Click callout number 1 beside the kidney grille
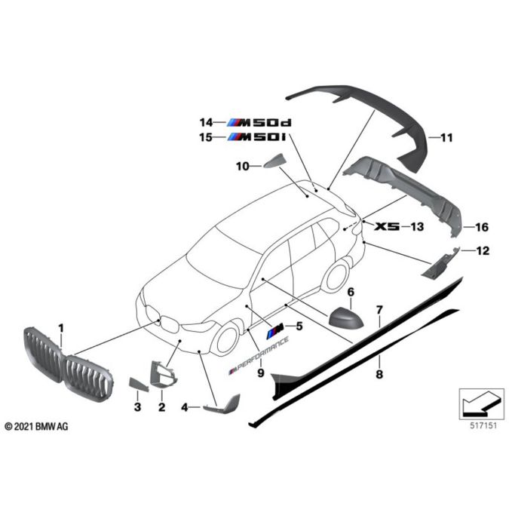pyautogui.click(x=62, y=327)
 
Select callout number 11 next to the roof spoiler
pyautogui.click(x=446, y=138)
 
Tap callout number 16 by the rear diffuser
pyautogui.click(x=482, y=226)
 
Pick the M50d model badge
pyautogui.click(x=264, y=122)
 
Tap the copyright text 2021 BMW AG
pyautogui.click(x=36, y=427)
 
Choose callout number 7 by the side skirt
pyautogui.click(x=380, y=310)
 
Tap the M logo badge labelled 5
pyautogui.click(x=274, y=327)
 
